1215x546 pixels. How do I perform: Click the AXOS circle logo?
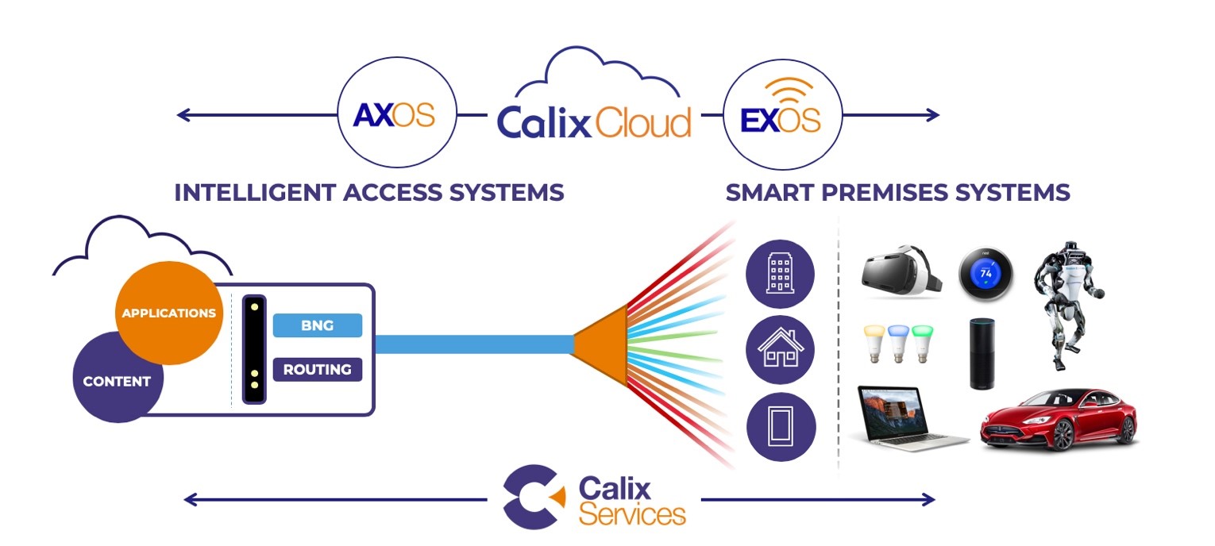[x=395, y=115]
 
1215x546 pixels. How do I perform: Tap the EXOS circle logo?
[x=781, y=115]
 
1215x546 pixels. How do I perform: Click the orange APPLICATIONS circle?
[x=168, y=313]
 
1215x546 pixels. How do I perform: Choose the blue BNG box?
[x=317, y=325]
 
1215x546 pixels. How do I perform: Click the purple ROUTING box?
[x=317, y=369]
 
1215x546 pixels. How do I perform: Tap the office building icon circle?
[x=781, y=274]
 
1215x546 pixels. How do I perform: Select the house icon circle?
[x=781, y=350]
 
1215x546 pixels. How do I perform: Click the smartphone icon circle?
[x=781, y=427]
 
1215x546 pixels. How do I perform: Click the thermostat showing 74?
[x=985, y=272]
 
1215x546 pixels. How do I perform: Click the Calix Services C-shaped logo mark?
[x=532, y=497]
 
